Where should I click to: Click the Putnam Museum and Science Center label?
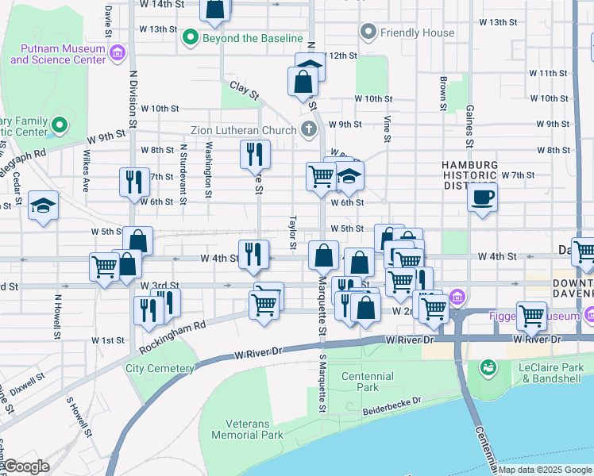tap(57, 54)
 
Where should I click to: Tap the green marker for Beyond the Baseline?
tap(191, 37)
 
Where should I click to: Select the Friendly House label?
tap(418, 33)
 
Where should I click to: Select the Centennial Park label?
tap(367, 382)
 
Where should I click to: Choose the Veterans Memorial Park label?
tap(248, 429)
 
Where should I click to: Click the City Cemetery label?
tap(160, 368)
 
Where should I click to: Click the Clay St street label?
tap(245, 90)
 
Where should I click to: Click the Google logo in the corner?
tap(25, 466)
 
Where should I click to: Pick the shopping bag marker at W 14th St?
tap(215, 8)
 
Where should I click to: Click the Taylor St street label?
tap(293, 225)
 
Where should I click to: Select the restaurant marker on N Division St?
tap(134, 181)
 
